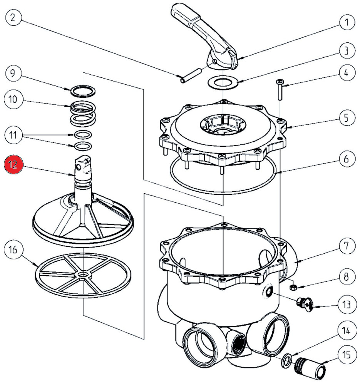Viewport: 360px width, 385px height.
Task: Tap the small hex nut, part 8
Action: point(292,287)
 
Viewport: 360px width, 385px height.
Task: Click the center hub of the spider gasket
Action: point(83,275)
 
